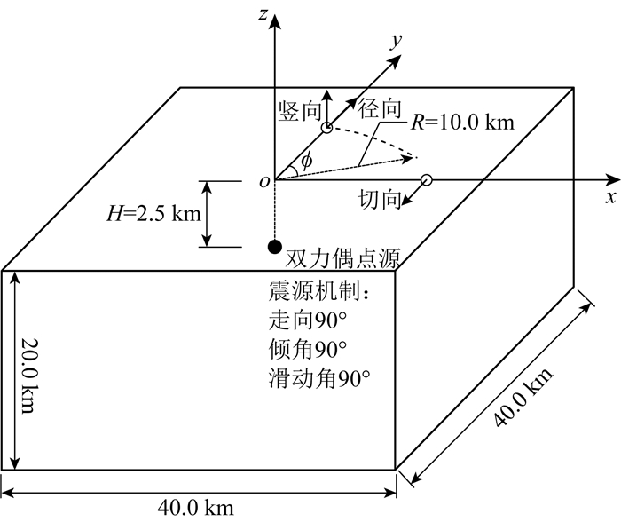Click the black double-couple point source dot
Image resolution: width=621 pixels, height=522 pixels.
click(275, 246)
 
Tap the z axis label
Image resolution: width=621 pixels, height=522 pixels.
click(263, 12)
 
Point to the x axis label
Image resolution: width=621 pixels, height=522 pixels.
click(610, 197)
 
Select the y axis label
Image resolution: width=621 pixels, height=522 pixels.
click(396, 40)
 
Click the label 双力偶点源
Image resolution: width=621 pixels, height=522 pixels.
click(345, 259)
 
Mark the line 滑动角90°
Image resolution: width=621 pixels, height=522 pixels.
click(317, 377)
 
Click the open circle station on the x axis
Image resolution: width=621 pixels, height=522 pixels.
click(426, 180)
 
